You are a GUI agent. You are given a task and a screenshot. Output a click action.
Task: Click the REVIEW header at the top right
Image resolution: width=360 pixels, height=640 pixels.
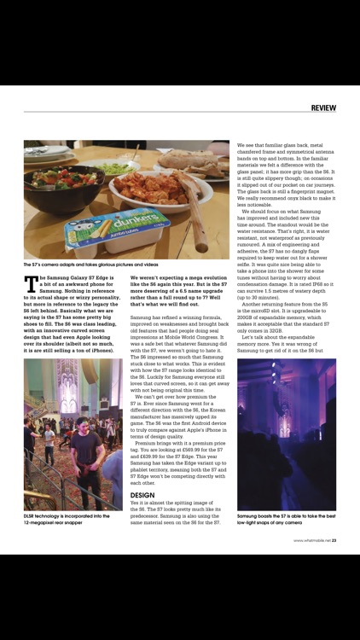323,108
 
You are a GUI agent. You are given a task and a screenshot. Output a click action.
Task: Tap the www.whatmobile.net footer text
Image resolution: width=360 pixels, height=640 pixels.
311,539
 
